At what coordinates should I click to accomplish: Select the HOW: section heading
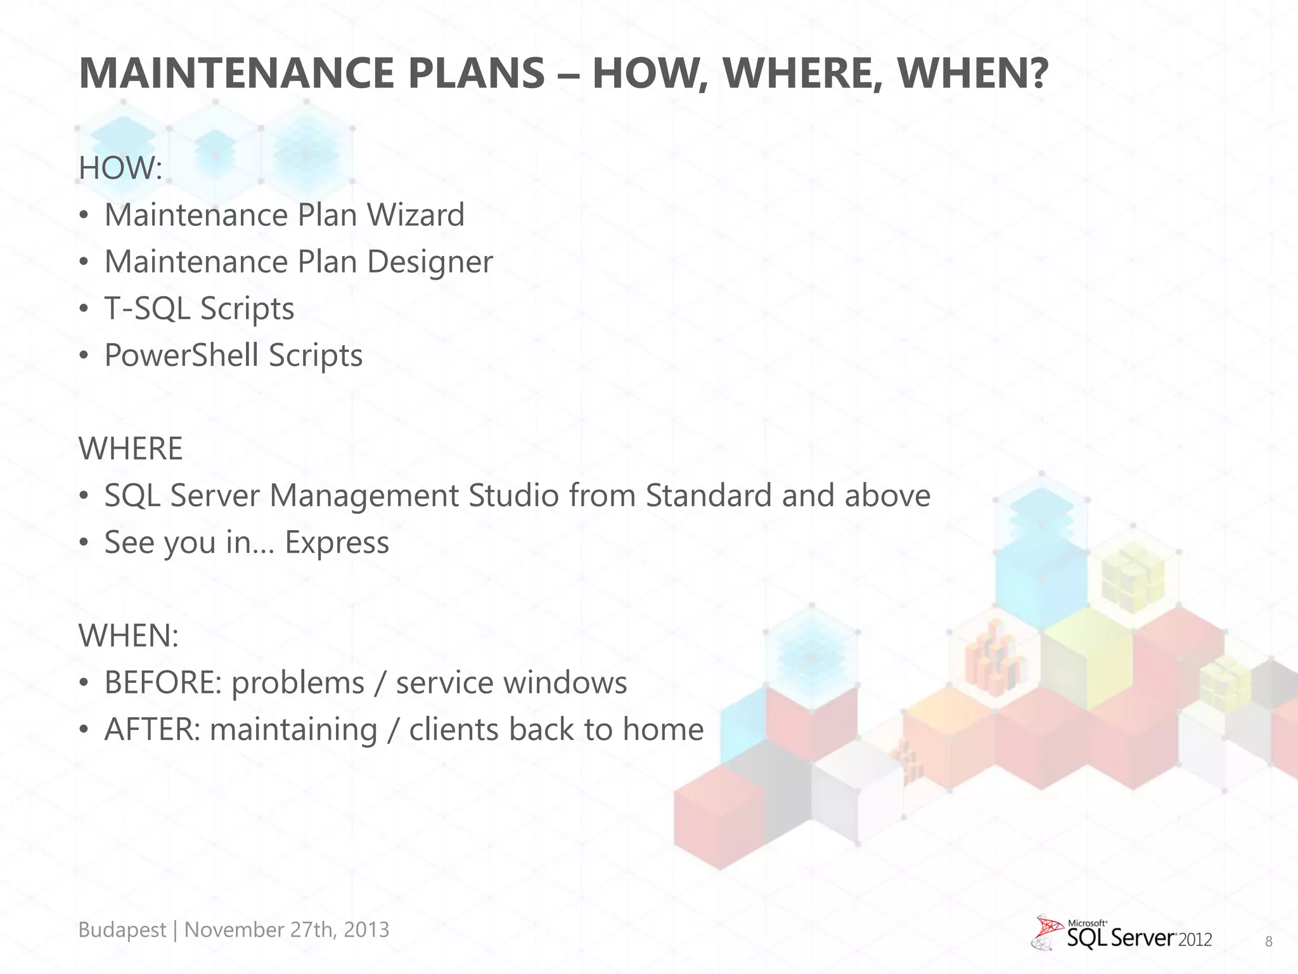[120, 168]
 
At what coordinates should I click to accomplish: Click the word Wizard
[416, 215]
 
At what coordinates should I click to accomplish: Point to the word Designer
[429, 262]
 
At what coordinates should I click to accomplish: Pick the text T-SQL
[147, 309]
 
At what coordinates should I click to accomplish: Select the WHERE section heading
[131, 449]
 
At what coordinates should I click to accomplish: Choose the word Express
[337, 543]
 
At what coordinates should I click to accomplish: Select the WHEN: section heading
[129, 635]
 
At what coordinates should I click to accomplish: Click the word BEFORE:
[163, 683]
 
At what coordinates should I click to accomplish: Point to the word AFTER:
[152, 730]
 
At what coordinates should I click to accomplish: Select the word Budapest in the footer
[122, 930]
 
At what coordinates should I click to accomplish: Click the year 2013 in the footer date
[366, 930]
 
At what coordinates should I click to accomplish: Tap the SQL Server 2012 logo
[1122, 933]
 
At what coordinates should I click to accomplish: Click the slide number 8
[1268, 942]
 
